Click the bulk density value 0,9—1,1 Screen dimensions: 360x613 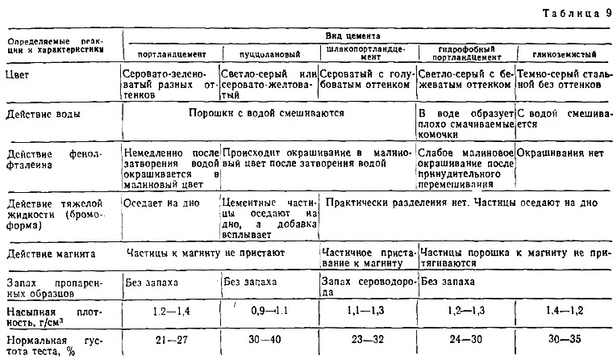269,310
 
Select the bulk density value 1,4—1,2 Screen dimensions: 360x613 563,310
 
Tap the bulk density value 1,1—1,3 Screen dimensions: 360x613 367,310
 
